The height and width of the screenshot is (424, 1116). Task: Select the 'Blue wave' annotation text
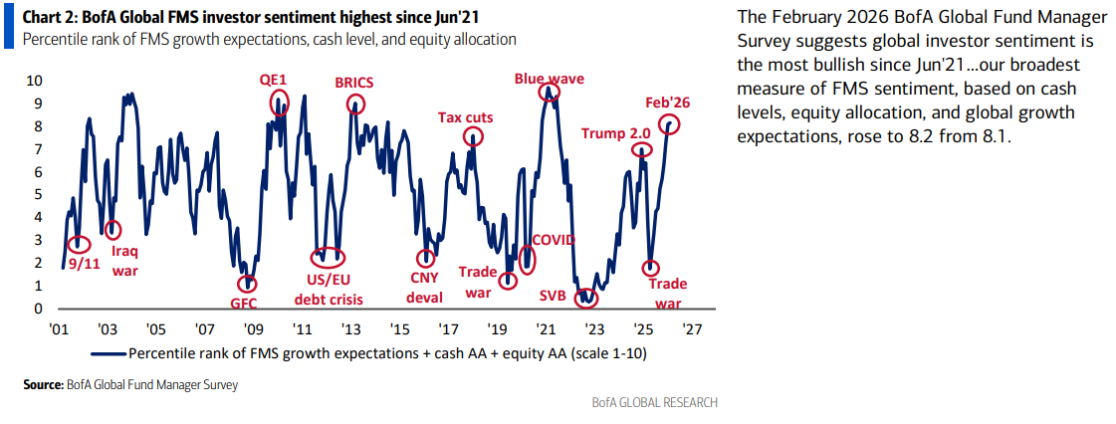click(549, 78)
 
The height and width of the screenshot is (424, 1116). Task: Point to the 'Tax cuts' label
click(466, 117)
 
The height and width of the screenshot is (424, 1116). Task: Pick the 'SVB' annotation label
click(554, 297)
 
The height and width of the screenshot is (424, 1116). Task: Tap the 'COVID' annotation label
click(554, 240)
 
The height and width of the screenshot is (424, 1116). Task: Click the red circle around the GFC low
click(248, 285)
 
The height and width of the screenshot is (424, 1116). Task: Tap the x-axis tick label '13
click(349, 328)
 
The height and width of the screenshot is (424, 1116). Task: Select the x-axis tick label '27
click(692, 328)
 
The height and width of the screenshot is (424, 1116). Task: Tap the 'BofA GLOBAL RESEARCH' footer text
click(654, 403)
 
